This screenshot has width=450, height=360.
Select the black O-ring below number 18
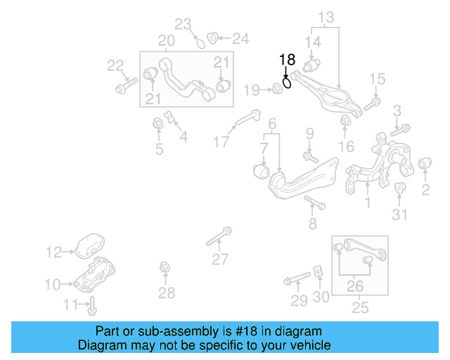[x=288, y=83]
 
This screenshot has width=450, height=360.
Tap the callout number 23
[x=184, y=25]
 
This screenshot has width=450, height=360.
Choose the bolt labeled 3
[x=401, y=129]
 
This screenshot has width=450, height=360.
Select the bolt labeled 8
[x=314, y=204]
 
